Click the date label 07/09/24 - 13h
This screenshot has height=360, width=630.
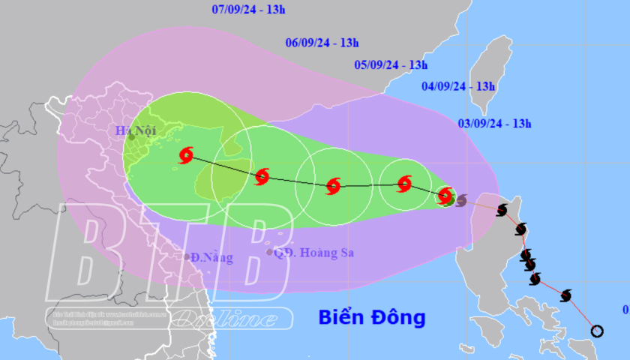click(x=249, y=10)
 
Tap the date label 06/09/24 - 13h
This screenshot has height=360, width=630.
click(x=322, y=43)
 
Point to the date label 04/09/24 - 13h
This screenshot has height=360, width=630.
click(x=458, y=86)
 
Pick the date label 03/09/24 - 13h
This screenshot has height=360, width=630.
click(x=494, y=124)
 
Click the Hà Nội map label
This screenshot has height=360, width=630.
click(x=134, y=130)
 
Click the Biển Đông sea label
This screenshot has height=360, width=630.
click(x=372, y=317)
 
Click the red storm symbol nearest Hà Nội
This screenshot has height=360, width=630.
click(x=186, y=155)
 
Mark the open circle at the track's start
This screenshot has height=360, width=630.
click(x=597, y=331)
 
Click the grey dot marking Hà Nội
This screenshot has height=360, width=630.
click(x=131, y=137)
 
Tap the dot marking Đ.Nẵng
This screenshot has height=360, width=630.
click(x=187, y=257)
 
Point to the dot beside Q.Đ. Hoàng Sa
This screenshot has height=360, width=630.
click(x=270, y=252)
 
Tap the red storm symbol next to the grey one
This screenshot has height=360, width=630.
click(x=445, y=196)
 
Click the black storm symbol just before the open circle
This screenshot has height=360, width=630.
click(x=565, y=295)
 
